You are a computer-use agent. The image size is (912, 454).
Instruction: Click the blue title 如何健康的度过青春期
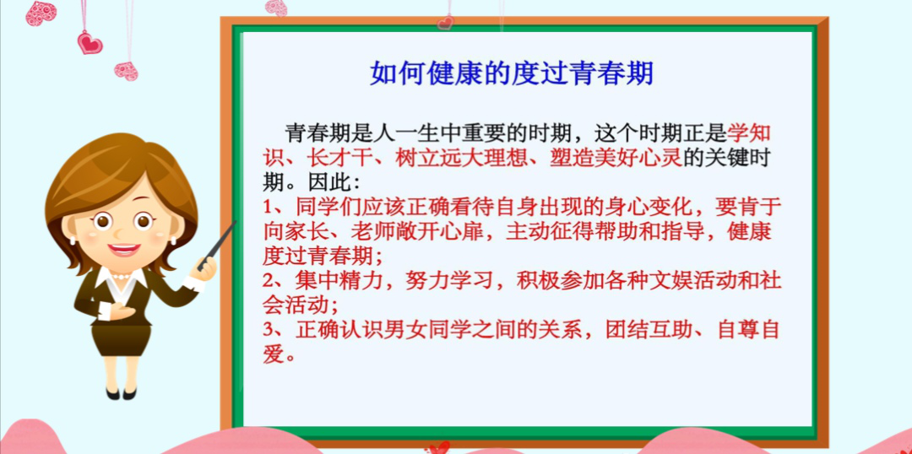512,73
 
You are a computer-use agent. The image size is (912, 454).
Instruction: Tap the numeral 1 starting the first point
269,207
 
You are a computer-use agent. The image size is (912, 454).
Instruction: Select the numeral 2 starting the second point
269,279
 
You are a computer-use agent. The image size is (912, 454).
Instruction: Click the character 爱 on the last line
272,353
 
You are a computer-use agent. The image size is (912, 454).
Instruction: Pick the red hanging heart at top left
90,42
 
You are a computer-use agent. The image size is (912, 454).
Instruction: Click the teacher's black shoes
121,392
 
